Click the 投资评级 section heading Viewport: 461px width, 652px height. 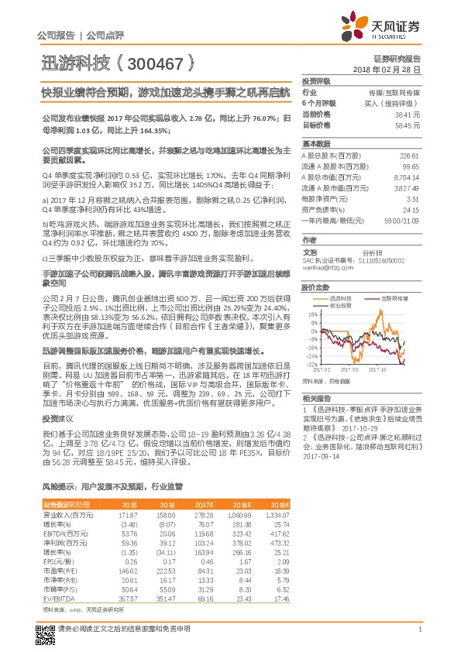tap(316, 81)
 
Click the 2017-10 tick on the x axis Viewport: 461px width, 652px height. tap(380, 369)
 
